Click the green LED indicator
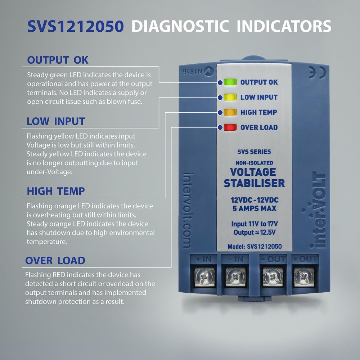click(229, 82)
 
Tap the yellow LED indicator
click(229, 97)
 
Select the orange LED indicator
click(229, 112)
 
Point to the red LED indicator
click(229, 127)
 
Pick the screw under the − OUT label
click(271, 276)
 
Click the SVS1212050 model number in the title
click(76, 27)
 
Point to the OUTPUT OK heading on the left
click(58, 60)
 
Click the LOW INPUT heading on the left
click(56, 122)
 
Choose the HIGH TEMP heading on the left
click(56, 191)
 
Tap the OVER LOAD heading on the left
click(55, 261)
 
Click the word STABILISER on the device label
click(254, 183)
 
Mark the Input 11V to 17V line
click(254, 224)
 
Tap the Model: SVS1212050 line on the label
click(254, 247)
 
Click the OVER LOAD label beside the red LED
click(259, 127)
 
